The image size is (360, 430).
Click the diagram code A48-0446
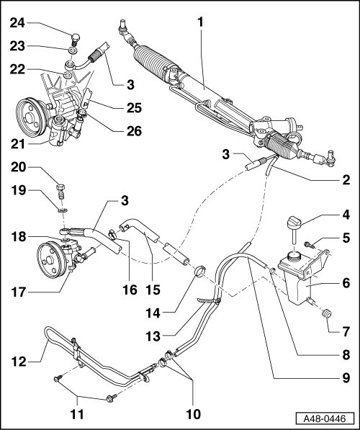pos(325,418)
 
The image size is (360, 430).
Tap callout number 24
pos(17,23)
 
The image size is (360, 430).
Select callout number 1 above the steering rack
pos(201,22)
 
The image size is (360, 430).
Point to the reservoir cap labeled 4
pos(294,222)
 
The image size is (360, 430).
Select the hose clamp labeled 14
pos(199,271)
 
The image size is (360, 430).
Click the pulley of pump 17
pos(50,260)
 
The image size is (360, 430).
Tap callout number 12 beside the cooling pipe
pos(19,362)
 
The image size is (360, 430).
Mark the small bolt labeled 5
pos(309,244)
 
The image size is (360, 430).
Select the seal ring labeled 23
pos(73,50)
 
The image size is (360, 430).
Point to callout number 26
pos(134,131)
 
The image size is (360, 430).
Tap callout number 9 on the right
pos(346,378)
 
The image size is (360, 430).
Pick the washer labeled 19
pos(63,210)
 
